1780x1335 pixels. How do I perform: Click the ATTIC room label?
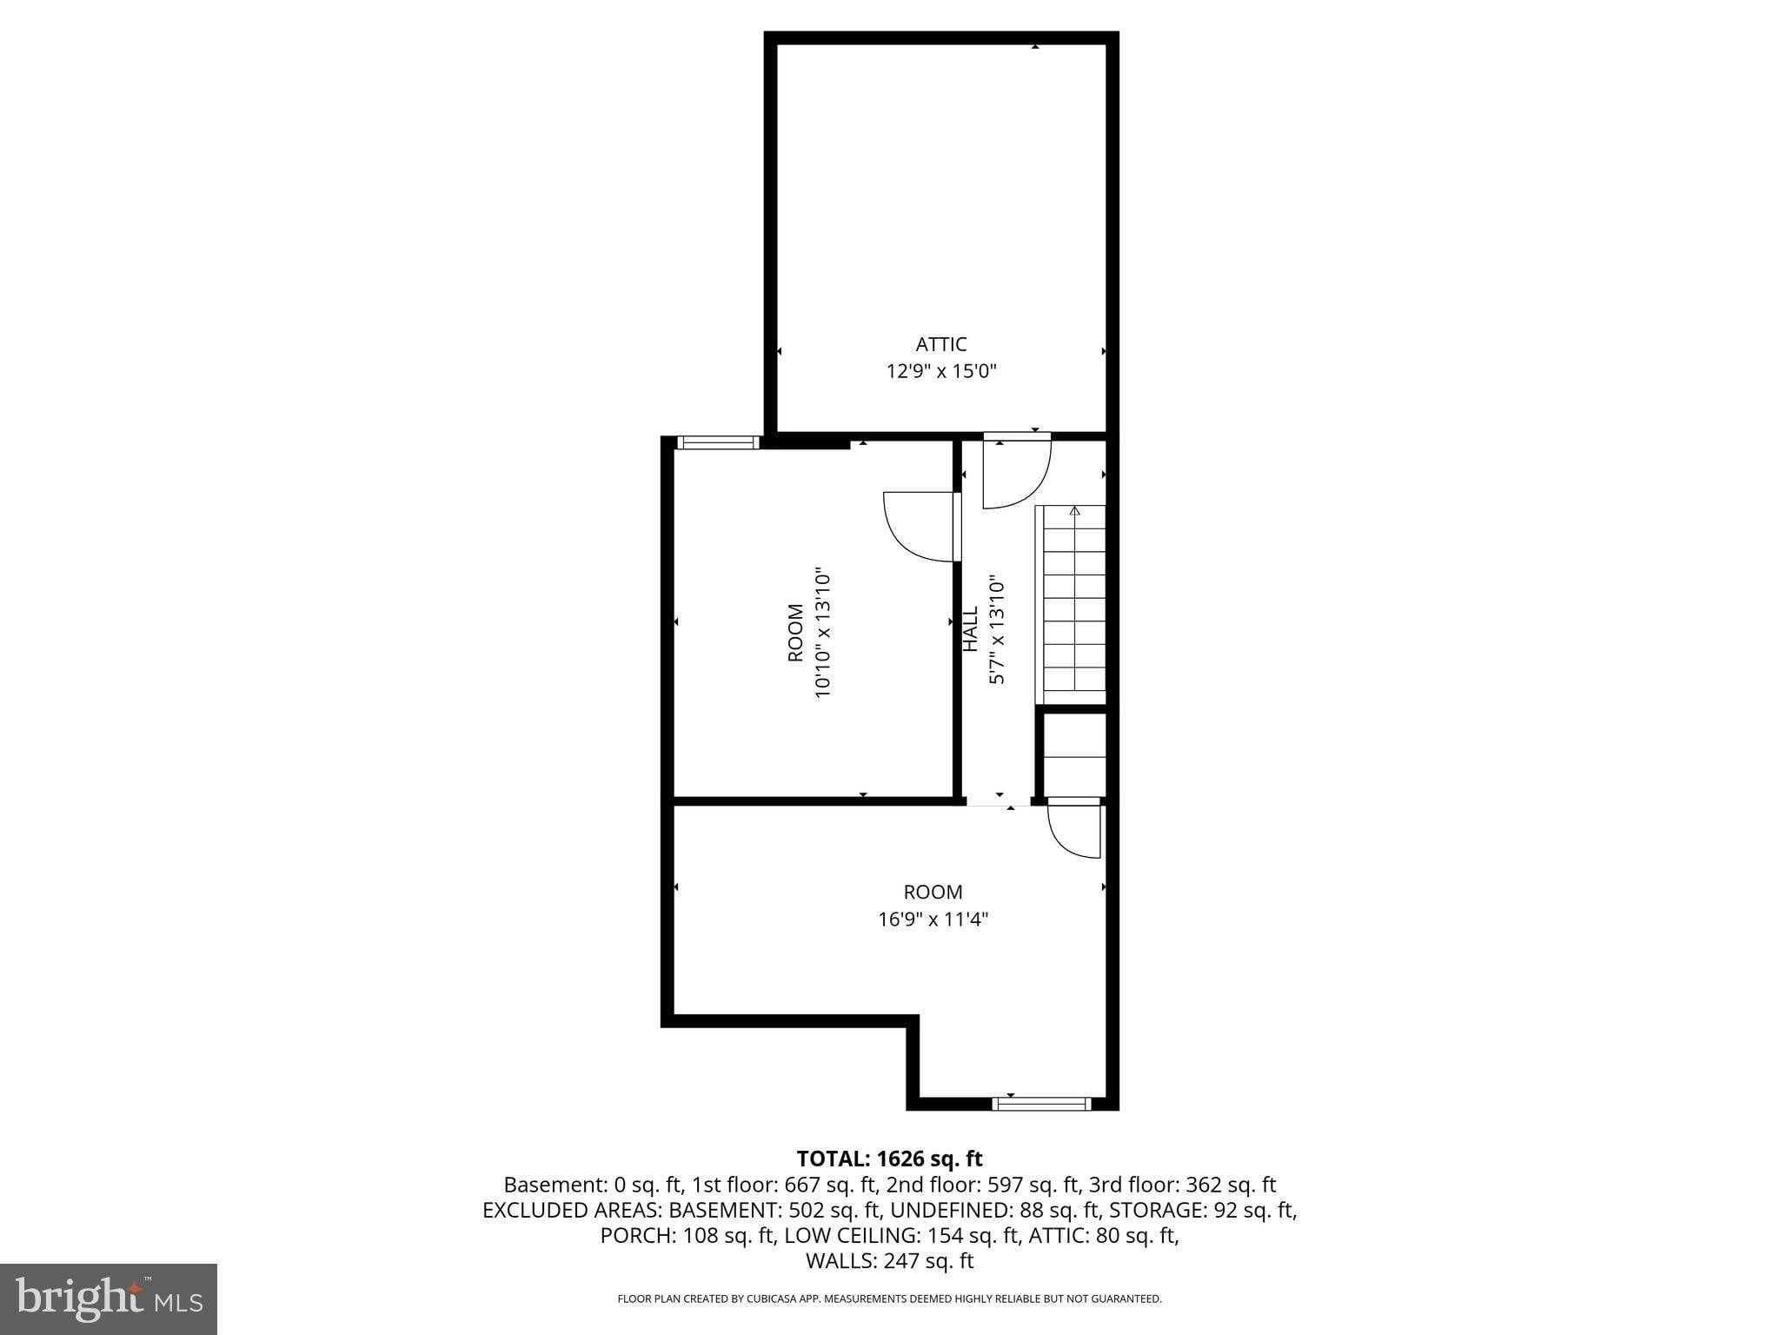[940, 344]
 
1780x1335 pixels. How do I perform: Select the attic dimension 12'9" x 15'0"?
[940, 372]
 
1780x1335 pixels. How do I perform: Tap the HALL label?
[971, 628]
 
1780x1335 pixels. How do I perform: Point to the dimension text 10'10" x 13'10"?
[823, 634]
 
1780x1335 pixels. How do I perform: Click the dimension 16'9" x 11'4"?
[933, 920]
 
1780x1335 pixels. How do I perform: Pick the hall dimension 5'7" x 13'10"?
[998, 628]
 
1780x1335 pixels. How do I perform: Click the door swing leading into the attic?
[1015, 474]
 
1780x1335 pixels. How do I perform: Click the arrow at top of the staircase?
[1074, 511]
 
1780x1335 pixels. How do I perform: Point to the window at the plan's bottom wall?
[1041, 1104]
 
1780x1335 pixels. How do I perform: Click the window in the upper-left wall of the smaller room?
[718, 442]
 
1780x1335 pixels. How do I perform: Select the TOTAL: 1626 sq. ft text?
[889, 1159]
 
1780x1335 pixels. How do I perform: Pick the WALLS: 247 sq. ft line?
[889, 1261]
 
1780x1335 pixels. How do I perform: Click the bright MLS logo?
[109, 1299]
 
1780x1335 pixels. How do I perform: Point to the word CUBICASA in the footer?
[781, 1299]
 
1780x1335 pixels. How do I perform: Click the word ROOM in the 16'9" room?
[933, 892]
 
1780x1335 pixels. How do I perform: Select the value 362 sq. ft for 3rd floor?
[1231, 1185]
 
